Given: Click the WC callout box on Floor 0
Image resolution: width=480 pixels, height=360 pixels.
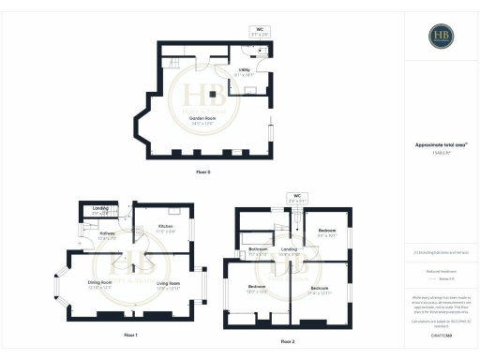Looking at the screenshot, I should tap(261, 32).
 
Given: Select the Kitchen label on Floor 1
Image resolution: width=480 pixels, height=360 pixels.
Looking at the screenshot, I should tap(166, 228).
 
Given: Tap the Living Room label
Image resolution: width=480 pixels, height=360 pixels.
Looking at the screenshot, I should tap(168, 284).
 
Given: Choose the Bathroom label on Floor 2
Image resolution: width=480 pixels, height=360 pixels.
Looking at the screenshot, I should tap(259, 251).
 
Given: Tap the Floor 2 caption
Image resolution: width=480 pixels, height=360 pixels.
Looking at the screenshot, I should tap(287, 341).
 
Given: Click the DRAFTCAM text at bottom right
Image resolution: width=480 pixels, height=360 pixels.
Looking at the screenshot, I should tap(441, 334).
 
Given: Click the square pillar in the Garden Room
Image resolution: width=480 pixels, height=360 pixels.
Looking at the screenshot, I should tap(213, 95).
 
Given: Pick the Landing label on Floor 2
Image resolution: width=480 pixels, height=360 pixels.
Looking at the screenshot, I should tap(290, 251).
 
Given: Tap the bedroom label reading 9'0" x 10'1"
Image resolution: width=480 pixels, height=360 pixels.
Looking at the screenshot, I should tap(327, 232).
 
